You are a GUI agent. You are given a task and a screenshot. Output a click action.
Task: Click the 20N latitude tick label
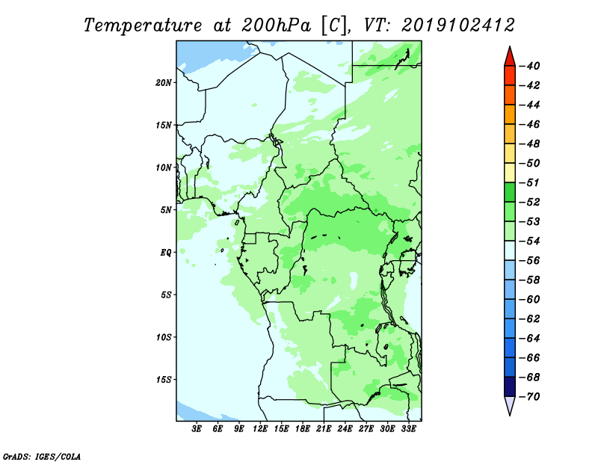163,83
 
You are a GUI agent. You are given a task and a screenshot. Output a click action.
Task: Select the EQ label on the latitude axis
165,253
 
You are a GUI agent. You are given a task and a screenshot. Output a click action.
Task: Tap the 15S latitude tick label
164,380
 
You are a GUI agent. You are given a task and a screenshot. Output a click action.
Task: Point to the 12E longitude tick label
260,429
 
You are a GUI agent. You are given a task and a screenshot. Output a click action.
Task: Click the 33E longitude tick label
408,429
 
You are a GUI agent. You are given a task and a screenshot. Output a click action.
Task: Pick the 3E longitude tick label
197,429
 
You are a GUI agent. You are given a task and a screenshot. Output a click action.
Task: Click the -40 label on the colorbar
529,66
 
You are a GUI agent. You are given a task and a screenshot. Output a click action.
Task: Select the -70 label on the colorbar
529,397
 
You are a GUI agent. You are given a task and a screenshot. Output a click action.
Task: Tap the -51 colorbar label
529,182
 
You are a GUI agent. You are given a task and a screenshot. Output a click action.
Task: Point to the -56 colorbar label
529,261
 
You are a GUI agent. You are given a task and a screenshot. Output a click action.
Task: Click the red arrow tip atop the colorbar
510,47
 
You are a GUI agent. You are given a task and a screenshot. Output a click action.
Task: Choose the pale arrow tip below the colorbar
510,414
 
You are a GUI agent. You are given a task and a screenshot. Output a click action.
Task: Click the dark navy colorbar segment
510,386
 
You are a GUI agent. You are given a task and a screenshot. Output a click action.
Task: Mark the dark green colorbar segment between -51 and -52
510,192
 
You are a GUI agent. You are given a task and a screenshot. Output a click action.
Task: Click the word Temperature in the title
143,25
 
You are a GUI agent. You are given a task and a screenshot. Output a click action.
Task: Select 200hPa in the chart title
277,25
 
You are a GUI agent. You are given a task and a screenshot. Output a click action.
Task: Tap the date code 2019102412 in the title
458,25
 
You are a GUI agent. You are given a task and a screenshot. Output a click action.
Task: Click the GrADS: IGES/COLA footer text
42,457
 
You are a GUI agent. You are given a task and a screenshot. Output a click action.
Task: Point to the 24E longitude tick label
345,429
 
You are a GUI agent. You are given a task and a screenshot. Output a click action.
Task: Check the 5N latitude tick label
166,210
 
